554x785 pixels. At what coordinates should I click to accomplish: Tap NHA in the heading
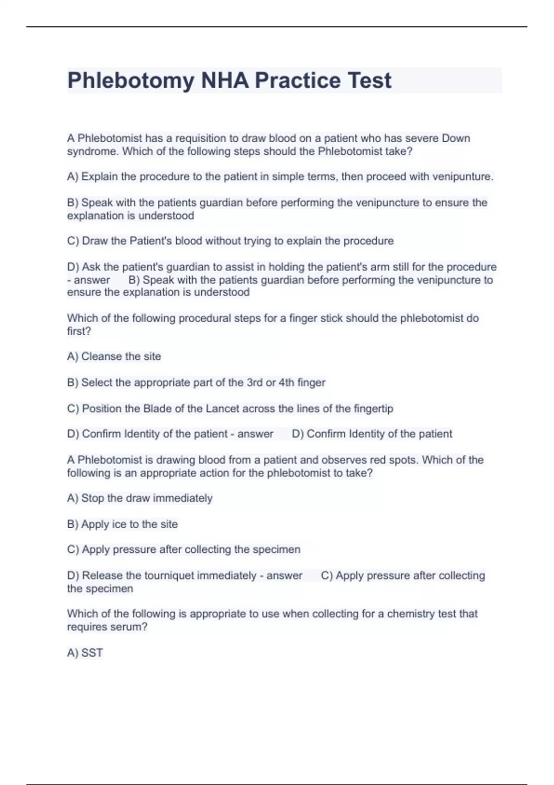point(225,81)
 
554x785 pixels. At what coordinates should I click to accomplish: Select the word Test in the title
point(369,81)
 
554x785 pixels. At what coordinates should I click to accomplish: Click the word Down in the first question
point(456,138)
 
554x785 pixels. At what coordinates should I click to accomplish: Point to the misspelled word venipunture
point(463,176)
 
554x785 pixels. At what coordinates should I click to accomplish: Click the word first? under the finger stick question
point(79,331)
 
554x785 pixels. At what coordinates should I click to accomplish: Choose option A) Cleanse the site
point(114,356)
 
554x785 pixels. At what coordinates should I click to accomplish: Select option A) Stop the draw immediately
point(139,498)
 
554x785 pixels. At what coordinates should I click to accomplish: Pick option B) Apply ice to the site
point(122,524)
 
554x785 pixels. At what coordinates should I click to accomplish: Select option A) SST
point(85,652)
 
